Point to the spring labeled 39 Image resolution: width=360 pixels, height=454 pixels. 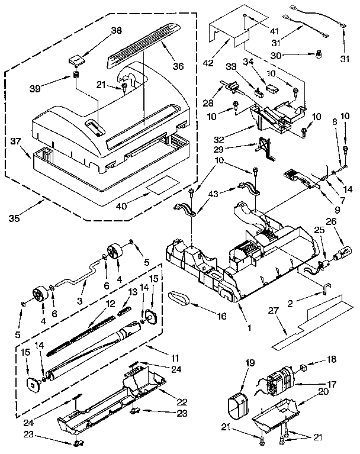tap(76, 75)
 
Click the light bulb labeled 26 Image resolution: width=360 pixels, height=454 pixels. tap(342, 256)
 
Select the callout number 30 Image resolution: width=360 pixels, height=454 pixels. tap(291, 56)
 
